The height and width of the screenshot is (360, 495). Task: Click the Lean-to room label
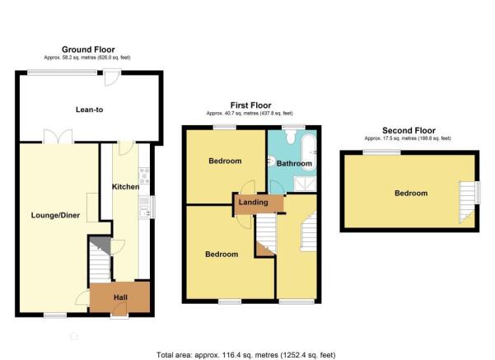coord(89,110)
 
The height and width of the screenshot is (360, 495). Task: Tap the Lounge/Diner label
coord(55,215)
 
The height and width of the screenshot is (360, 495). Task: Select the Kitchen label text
coord(126,187)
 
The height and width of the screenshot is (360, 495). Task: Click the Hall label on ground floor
coord(120,297)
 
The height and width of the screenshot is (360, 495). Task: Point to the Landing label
coord(253,202)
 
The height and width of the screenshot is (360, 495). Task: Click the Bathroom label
coord(294,163)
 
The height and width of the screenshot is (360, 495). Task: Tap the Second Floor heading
coord(409,130)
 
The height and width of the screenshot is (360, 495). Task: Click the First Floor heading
coord(250,105)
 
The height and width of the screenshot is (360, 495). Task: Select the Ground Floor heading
coord(88,49)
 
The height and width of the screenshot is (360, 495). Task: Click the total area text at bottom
coord(246,355)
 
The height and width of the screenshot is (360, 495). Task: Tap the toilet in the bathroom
coord(290,137)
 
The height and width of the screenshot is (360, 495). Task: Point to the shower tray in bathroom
coord(305,184)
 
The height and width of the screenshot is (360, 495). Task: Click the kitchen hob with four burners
coord(144,176)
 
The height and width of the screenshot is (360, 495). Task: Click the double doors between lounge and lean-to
coord(58,137)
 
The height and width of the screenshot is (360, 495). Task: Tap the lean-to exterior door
coord(112,77)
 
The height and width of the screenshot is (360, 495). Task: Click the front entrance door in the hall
coord(119,310)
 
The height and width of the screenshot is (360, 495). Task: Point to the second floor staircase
coord(467,202)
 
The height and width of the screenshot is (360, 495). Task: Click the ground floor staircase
coord(100,259)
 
